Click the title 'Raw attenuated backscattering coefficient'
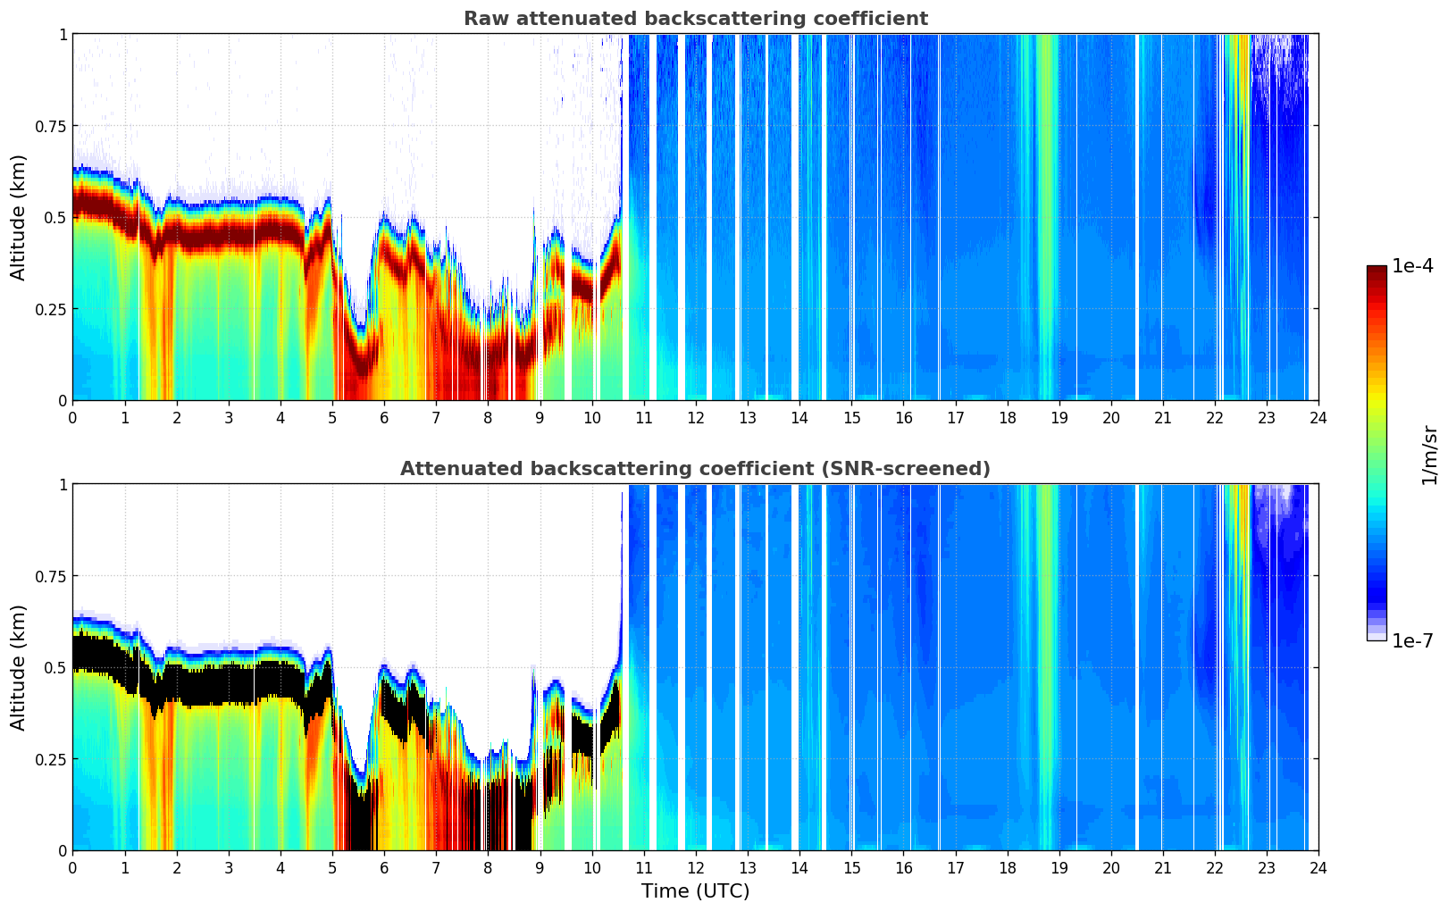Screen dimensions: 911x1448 695,19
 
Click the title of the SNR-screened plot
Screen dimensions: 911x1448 695,469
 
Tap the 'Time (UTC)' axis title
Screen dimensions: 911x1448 695,891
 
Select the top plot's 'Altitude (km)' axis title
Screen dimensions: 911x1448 19,217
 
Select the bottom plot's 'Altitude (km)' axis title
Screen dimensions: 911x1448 19,667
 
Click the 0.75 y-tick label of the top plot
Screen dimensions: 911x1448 51,126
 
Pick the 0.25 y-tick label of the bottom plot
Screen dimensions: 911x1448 51,759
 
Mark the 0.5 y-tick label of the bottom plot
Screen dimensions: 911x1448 55,667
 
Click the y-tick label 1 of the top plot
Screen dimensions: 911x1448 63,34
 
